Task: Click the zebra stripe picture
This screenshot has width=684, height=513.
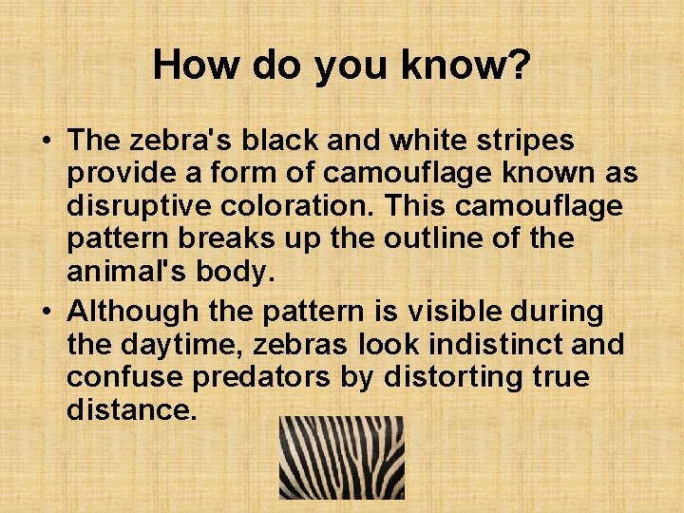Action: click(341, 457)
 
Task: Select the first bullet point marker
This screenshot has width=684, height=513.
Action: click(46, 141)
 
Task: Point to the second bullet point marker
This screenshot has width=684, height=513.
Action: click(46, 311)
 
